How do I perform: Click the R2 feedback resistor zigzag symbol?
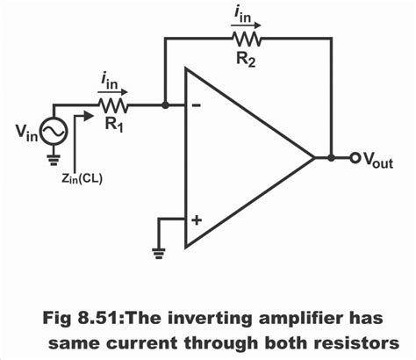click(x=247, y=40)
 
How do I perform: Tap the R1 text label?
click(x=112, y=125)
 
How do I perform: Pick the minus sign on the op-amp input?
click(x=196, y=105)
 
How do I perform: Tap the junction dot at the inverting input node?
click(x=165, y=105)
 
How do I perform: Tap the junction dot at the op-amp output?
click(x=330, y=159)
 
